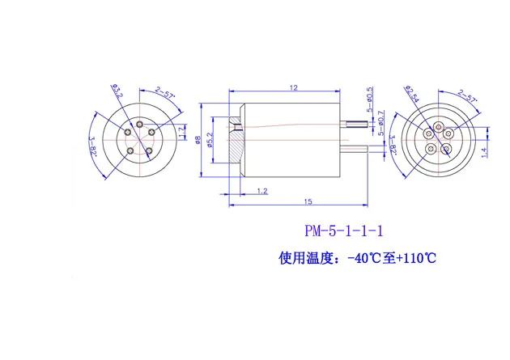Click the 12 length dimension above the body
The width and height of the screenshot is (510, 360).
(x=293, y=87)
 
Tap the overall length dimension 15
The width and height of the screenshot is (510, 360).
(x=308, y=201)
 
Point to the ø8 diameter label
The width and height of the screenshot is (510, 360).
(x=199, y=138)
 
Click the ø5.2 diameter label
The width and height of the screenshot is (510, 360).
(x=211, y=138)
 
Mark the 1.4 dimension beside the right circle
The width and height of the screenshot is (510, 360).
(x=484, y=150)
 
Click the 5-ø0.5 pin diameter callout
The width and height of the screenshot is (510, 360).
(x=369, y=98)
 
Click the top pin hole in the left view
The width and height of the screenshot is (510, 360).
(x=140, y=125)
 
